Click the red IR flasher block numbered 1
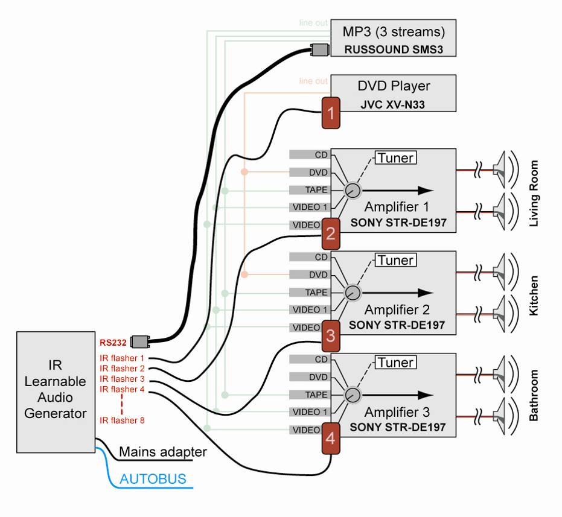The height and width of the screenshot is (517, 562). pyautogui.click(x=330, y=112)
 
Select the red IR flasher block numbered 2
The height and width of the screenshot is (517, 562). pyautogui.click(x=330, y=233)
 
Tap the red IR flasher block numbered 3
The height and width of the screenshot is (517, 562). pyautogui.click(x=330, y=335)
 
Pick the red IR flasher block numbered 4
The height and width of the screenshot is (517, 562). pyautogui.click(x=330, y=438)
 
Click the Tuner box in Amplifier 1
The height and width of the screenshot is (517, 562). pyautogui.click(x=396, y=159)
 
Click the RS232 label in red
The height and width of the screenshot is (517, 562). pyautogui.click(x=113, y=343)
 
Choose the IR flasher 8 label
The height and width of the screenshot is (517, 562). pyautogui.click(x=122, y=420)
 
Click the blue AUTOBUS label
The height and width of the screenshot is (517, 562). pyautogui.click(x=153, y=480)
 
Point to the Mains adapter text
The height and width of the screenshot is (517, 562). pyautogui.click(x=163, y=452)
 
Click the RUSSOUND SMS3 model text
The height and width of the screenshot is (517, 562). pyautogui.click(x=393, y=49)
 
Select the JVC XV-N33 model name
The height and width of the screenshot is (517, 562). pyautogui.click(x=393, y=104)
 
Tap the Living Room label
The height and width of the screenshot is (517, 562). pyautogui.click(x=533, y=193)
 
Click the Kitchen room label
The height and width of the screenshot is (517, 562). pyautogui.click(x=533, y=296)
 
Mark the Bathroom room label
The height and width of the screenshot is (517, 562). pyautogui.click(x=533, y=396)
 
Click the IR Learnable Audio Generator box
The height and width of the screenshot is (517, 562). pyautogui.click(x=56, y=392)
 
